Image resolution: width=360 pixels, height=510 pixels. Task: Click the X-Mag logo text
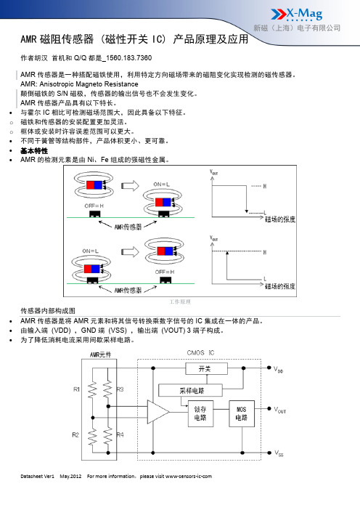click(304, 14)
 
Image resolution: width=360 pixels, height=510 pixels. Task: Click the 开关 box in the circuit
click(206, 369)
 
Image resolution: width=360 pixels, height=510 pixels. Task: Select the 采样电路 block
click(190, 390)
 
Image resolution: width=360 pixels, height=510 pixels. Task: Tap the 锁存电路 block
click(200, 413)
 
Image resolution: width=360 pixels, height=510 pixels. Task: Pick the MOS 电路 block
click(242, 413)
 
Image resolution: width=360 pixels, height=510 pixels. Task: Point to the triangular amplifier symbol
click(157, 412)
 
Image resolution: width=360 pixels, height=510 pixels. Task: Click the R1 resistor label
click(76, 389)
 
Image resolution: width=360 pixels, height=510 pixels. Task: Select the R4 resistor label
click(120, 434)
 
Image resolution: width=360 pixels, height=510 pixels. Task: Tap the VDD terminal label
click(278, 369)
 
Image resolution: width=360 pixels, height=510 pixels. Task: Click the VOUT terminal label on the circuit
click(279, 410)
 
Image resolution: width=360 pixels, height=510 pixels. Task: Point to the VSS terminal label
click(279, 453)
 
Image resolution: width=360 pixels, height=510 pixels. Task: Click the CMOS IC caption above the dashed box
click(200, 352)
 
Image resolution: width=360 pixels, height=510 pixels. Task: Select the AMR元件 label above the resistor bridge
click(100, 355)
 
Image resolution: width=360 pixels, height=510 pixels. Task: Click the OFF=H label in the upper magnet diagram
click(94, 206)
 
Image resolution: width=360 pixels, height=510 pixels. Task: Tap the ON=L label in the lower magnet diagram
click(90, 251)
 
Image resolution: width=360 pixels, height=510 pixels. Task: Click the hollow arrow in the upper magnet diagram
click(130, 186)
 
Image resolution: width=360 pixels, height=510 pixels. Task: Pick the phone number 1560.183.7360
click(128, 58)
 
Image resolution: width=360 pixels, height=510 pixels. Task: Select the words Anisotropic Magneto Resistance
click(89, 84)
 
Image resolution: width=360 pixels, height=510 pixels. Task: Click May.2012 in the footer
click(70, 476)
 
